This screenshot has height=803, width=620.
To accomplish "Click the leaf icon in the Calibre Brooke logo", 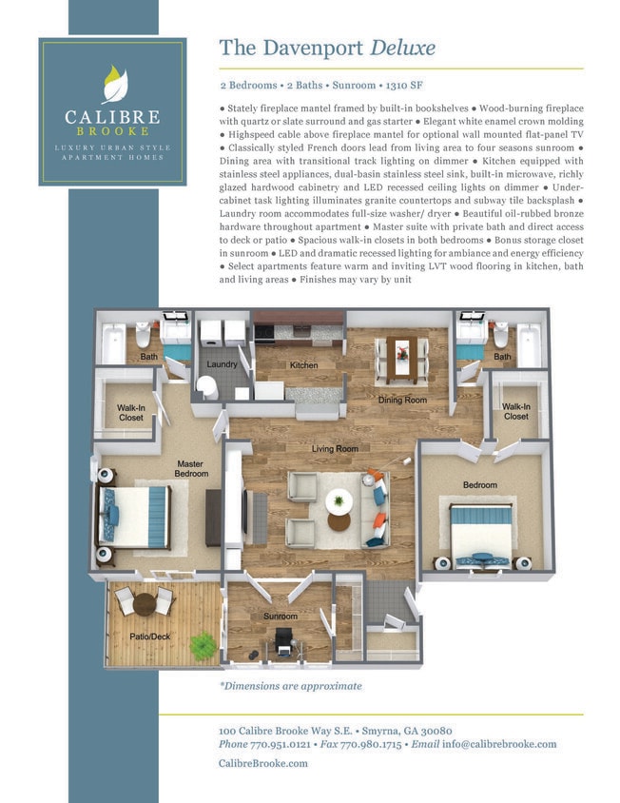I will pos(112,85).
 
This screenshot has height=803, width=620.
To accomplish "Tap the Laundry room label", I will pos(222,364).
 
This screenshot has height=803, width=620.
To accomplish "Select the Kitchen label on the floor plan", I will pos(303,365).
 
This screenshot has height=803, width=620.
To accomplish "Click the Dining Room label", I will pos(402,401).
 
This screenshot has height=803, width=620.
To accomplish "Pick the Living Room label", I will pos(334,448).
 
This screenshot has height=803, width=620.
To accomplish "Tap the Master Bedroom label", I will pos(191,469).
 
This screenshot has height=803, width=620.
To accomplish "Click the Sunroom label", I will pos(281,617).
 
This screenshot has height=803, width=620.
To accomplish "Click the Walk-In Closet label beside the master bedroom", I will pos(130,412).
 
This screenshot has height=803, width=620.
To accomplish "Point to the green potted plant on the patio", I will pos(203,646).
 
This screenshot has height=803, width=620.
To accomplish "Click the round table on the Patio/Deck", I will pos(144,603).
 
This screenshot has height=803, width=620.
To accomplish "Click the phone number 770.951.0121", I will pos(284,744).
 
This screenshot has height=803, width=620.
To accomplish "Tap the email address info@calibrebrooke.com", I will pos(499,744).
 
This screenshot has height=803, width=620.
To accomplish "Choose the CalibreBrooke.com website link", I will pos(263,763).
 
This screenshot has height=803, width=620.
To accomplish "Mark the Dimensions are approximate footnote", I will pos(290,685).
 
